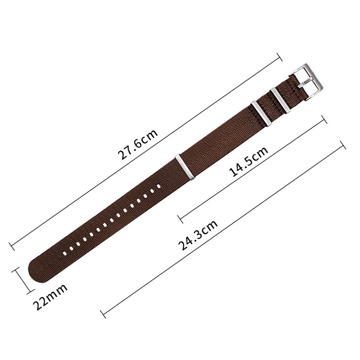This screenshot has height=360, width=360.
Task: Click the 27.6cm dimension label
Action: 138,144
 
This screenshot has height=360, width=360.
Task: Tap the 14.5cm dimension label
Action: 249,161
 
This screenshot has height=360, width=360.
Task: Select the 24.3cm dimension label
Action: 198,235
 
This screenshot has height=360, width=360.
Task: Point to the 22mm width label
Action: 50,297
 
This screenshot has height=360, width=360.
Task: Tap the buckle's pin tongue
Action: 305,83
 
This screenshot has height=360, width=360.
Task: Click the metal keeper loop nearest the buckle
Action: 280,101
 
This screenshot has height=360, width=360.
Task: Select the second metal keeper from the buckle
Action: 261,113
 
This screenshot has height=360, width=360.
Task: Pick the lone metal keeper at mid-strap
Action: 185,167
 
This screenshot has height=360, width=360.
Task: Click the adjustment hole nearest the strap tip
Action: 65,253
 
